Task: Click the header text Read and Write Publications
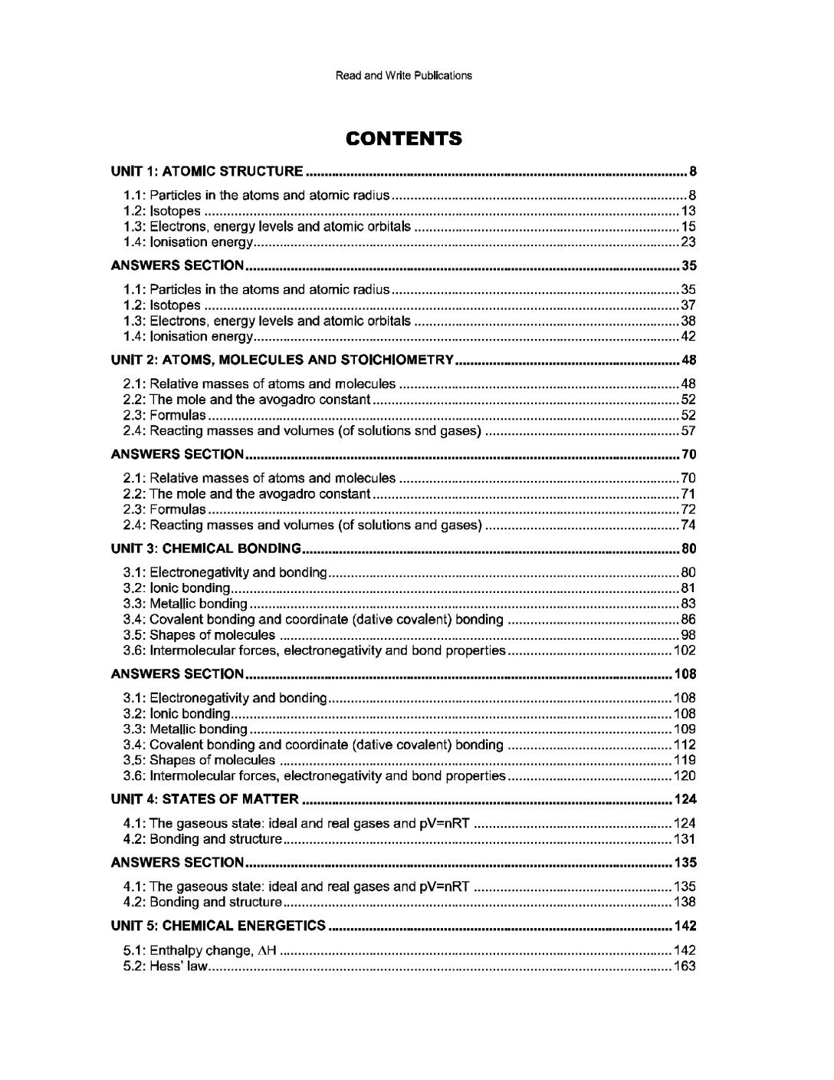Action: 403,75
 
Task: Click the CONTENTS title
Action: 403,139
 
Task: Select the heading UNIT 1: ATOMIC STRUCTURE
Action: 207,171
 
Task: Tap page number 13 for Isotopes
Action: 688,211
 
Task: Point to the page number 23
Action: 688,242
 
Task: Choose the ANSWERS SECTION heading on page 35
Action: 177,266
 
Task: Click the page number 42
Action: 688,336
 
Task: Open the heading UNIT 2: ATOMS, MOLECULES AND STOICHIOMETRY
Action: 284,360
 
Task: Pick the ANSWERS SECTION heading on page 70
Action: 177,455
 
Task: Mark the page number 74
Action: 688,525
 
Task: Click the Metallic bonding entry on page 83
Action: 186,604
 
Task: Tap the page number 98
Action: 688,635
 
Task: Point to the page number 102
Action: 685,650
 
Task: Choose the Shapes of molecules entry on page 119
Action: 199,760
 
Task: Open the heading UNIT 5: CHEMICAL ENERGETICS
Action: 218,926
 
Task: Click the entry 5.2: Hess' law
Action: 166,966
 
